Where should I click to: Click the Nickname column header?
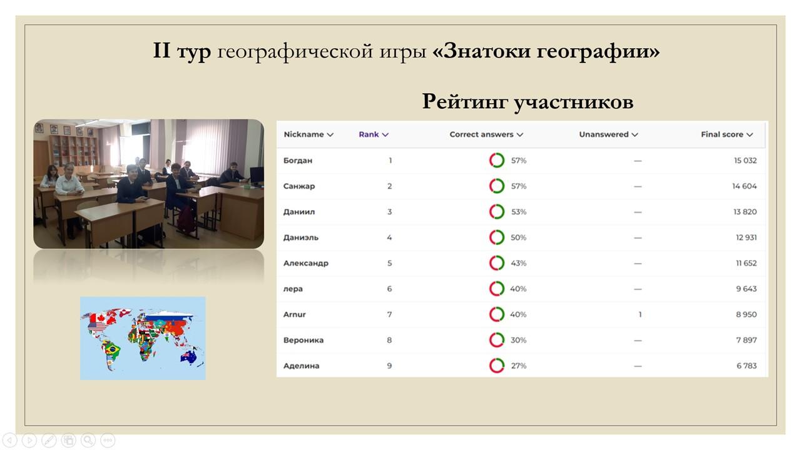309,134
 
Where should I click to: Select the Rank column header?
374,134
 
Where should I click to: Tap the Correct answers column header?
486,134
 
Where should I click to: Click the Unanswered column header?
608,134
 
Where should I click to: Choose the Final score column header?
727,134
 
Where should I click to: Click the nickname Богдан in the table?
297,161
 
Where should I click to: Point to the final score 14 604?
744,186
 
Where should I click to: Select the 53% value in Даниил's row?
519,212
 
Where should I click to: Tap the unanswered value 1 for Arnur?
640,314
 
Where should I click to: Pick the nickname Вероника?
304,341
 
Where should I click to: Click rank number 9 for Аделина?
389,366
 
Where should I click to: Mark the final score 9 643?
747,289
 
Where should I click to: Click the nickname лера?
293,289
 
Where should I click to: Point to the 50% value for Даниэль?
518,237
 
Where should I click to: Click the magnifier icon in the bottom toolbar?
88,440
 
